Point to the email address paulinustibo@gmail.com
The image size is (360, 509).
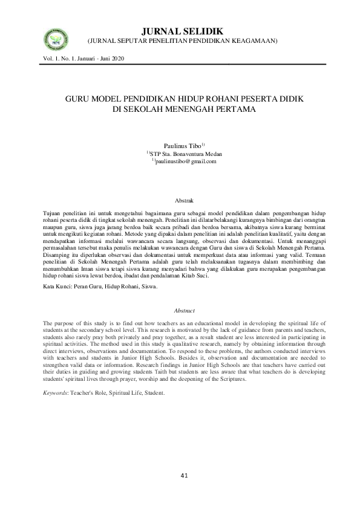(x=186, y=162)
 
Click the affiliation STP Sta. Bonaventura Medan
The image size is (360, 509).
(x=186, y=155)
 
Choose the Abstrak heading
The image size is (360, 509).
(x=183, y=199)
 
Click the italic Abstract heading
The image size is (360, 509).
(x=183, y=310)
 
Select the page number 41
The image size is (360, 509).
(x=184, y=475)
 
